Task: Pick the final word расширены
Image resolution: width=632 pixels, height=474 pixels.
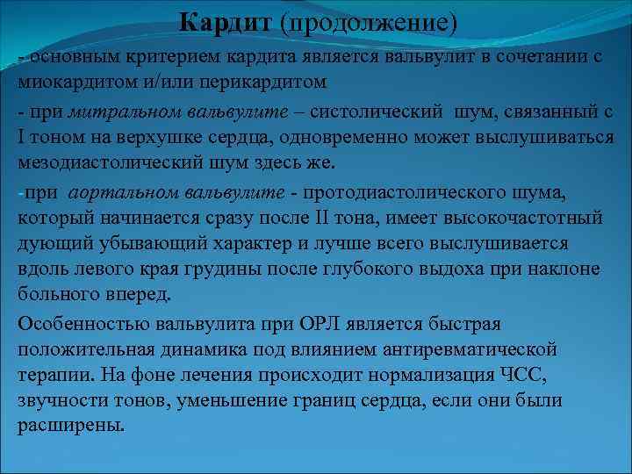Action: [x=70, y=426]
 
